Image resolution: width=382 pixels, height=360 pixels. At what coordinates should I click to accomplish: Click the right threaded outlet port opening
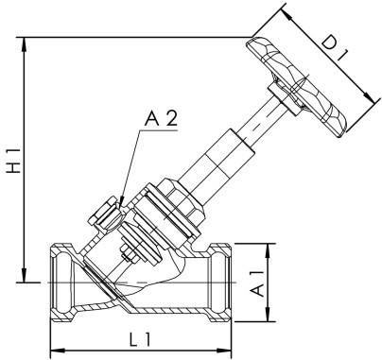221,282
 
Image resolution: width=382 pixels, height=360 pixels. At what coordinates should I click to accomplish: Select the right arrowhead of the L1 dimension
227,347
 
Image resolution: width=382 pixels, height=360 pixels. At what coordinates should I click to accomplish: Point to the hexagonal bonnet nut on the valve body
176,207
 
